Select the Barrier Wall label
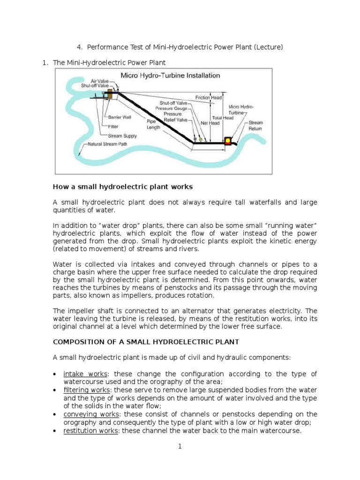click(118, 117)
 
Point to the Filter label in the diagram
click(112, 126)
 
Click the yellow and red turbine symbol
click(229, 141)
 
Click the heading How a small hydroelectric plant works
click(123, 187)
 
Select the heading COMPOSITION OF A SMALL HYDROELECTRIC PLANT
click(146, 341)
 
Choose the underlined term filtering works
click(83, 390)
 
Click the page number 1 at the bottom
click(180, 447)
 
